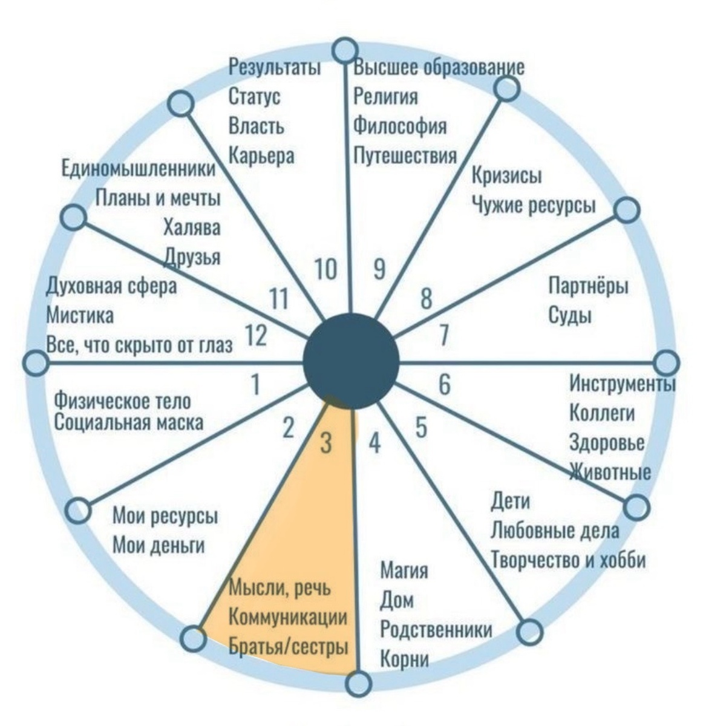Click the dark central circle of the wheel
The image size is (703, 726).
pos(351,361)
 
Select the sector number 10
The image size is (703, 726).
pos(325,269)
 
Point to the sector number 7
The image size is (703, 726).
pos(443,335)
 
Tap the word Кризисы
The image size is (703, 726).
pos(507,175)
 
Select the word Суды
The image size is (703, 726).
pos(570,316)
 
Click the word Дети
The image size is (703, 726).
pos(510,501)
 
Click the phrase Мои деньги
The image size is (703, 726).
pos(159,546)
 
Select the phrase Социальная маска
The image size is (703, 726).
pos(129,422)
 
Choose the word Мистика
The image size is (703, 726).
pos(80,316)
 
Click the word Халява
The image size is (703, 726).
pos(192,227)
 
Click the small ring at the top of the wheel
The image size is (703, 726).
pos(346,50)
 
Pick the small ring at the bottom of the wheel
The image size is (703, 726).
pos(359,683)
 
